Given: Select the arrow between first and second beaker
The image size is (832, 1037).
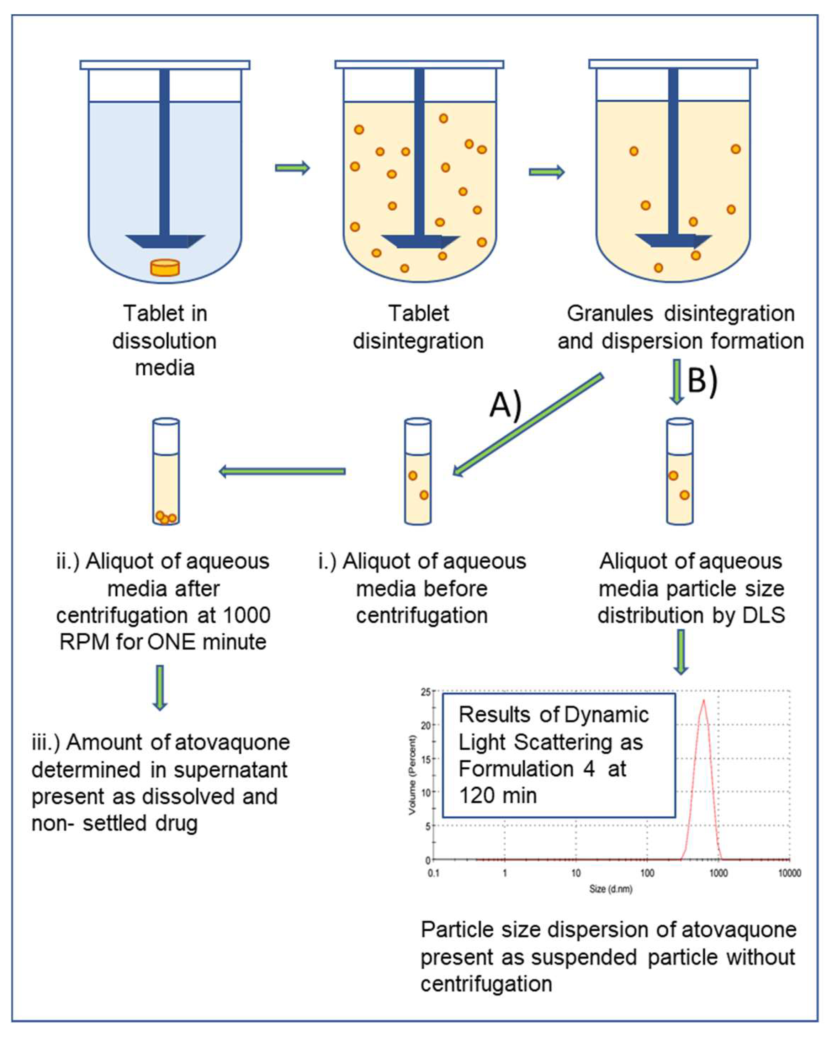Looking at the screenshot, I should click(292, 168).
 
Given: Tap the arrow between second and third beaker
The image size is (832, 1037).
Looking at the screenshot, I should click(546, 172).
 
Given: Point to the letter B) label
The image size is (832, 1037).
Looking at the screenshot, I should click(702, 380).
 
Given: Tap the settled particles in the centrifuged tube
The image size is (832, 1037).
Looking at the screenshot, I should click(165, 518).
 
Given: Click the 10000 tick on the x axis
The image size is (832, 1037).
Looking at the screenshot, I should click(789, 873).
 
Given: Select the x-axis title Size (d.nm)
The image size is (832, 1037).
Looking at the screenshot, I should click(610, 889).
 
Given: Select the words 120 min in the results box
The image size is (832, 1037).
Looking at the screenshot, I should click(498, 795).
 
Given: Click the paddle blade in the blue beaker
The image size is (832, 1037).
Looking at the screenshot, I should click(165, 241).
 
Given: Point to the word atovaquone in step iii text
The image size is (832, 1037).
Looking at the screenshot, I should click(231, 742).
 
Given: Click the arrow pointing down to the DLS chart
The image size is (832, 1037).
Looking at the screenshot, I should click(681, 652).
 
